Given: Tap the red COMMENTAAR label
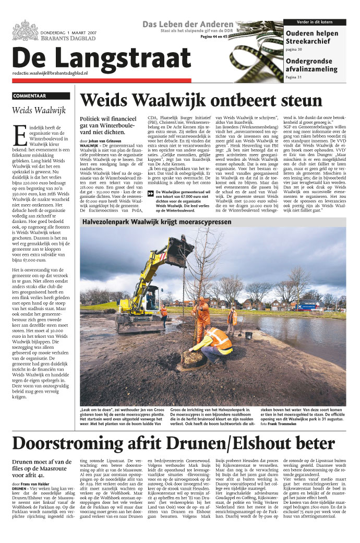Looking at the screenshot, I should click(30, 96).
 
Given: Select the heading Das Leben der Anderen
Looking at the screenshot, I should click(188, 25).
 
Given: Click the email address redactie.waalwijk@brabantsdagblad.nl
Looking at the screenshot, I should click(50, 74).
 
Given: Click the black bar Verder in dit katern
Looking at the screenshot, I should click(315, 22).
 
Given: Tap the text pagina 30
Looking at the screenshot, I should click(294, 50).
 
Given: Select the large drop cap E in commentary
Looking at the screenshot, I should click(20, 135).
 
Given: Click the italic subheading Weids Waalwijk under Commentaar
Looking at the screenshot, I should click(39, 110).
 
